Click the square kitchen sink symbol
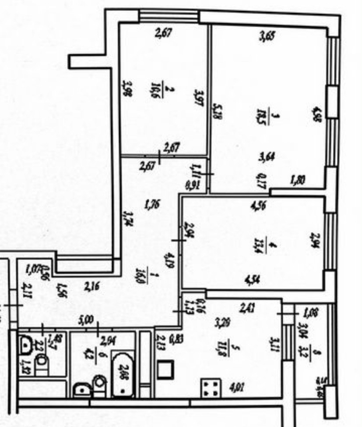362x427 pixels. (166, 370)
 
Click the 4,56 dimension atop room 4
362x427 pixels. (259, 205)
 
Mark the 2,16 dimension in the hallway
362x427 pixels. (93, 287)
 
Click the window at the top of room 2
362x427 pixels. (168, 16)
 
